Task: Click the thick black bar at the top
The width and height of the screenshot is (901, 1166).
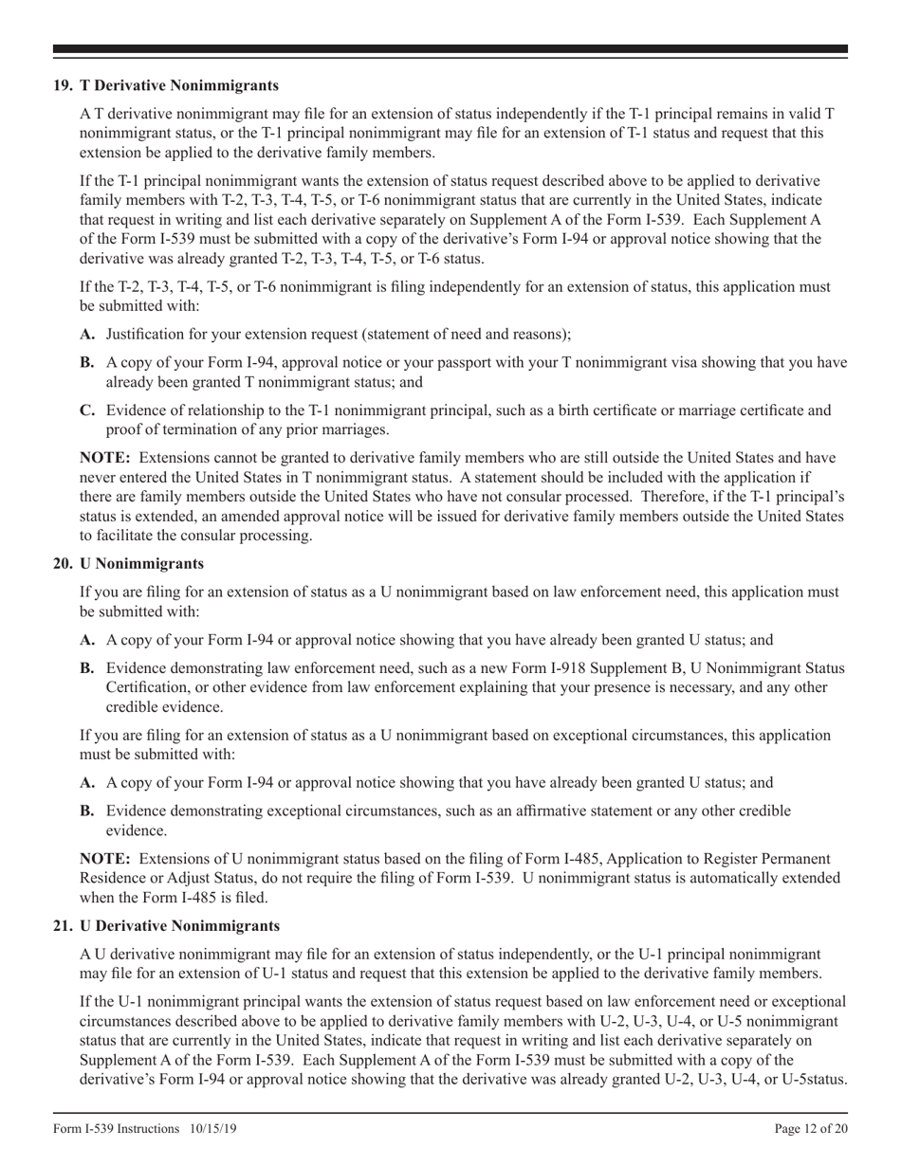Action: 450,49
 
